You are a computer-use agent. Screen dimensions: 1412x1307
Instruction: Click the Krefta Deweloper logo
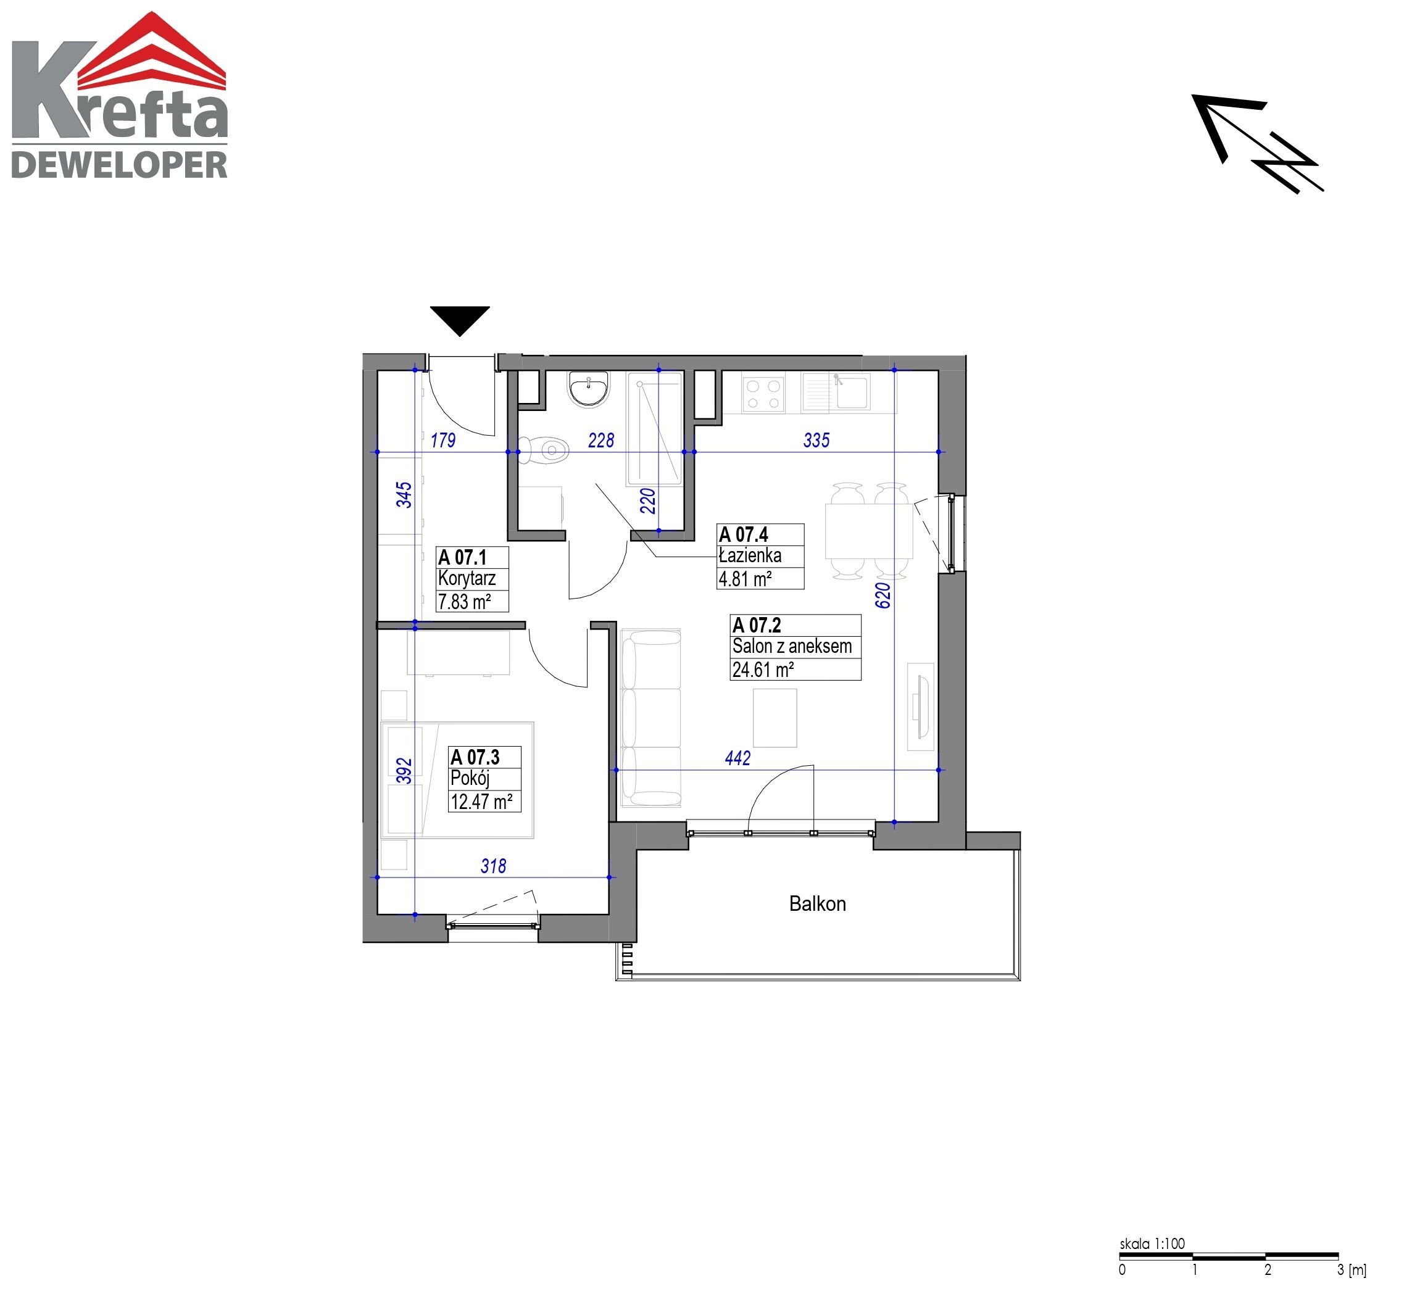120,95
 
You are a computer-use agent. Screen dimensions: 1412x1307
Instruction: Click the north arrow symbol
1256,144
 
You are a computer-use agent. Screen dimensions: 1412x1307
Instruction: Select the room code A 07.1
463,557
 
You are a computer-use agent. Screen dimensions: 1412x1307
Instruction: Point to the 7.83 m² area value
464,602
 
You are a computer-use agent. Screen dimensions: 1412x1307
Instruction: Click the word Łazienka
750,556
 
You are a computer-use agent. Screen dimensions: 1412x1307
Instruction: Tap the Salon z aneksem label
792,647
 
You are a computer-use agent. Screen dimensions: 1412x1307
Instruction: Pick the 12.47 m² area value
482,802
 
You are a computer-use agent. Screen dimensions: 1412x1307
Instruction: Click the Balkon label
817,904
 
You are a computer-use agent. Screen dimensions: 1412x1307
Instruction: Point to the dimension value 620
883,595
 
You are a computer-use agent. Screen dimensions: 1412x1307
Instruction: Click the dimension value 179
443,441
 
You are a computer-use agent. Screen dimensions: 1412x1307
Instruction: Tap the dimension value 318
493,866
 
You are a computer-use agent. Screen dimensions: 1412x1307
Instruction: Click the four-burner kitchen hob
763,394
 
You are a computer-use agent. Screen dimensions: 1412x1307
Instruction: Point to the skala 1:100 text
1152,1243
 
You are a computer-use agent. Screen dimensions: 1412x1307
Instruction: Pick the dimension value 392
404,770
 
